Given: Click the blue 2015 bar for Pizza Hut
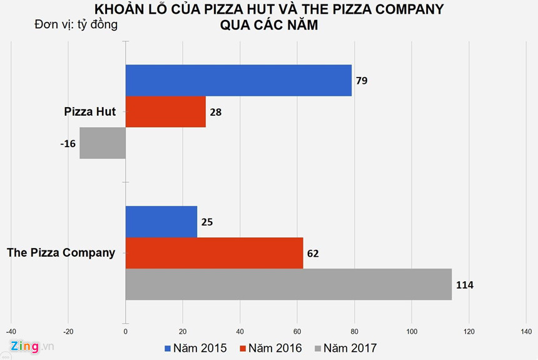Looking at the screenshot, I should [238, 80].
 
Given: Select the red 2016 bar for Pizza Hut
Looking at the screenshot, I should [165, 112].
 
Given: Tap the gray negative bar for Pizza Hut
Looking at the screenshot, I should [103, 143].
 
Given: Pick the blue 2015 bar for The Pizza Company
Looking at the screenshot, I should [161, 222].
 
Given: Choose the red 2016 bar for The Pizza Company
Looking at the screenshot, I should [214, 253].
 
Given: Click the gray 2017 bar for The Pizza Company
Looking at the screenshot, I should [288, 284].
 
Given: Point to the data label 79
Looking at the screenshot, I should [362, 81].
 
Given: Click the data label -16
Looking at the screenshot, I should [68, 143].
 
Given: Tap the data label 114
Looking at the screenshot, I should [464, 285].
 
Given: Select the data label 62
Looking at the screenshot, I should [313, 254].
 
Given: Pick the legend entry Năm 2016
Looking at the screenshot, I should [270, 347].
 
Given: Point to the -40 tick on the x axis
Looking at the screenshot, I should [11, 331].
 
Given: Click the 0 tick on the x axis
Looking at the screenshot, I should [126, 331].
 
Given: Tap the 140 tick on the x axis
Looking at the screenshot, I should [527, 331].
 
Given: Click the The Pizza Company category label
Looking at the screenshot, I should [61, 253].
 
